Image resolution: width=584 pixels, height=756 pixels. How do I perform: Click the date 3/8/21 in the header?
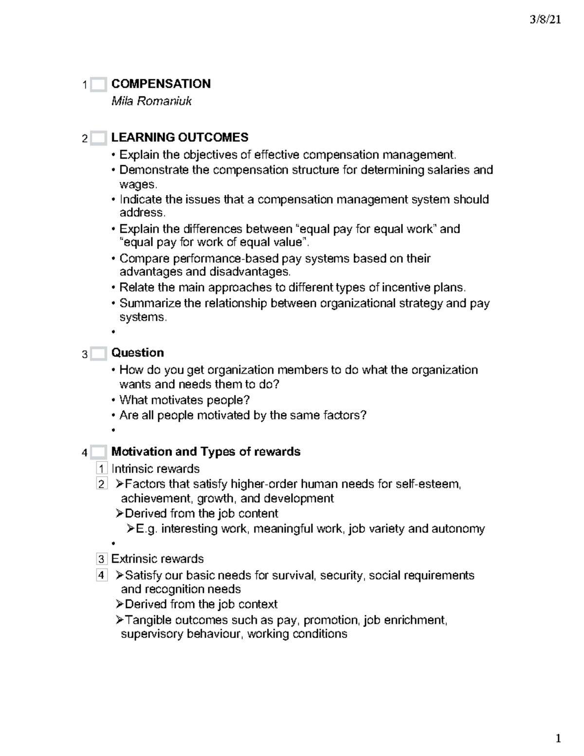545,20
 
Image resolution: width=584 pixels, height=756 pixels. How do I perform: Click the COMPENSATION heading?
161,84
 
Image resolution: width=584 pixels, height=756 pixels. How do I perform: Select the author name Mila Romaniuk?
151,101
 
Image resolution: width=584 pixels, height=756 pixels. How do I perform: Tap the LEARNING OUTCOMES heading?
180,137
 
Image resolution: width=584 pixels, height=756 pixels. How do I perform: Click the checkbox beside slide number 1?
98,85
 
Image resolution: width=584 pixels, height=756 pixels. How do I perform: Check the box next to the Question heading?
98,353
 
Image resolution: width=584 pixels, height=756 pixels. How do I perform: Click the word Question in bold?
137,352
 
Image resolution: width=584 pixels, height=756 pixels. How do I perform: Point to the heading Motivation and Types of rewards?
205,452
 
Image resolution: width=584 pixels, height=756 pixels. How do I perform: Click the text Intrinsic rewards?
155,469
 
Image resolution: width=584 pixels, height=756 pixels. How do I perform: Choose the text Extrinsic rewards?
157,559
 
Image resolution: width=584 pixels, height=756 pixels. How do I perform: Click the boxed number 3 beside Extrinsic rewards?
101,559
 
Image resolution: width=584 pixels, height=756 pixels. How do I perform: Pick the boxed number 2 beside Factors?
101,484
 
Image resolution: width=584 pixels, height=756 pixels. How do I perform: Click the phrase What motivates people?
184,400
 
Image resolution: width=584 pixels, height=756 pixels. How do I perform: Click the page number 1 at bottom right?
558,739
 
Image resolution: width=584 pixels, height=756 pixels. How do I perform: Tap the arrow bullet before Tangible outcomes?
120,620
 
